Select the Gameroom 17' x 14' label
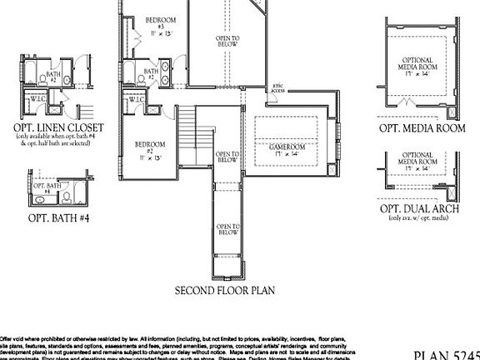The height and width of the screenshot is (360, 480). point(287,152)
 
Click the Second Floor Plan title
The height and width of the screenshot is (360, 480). point(224,291)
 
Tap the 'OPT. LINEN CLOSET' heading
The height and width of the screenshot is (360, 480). point(58,127)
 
